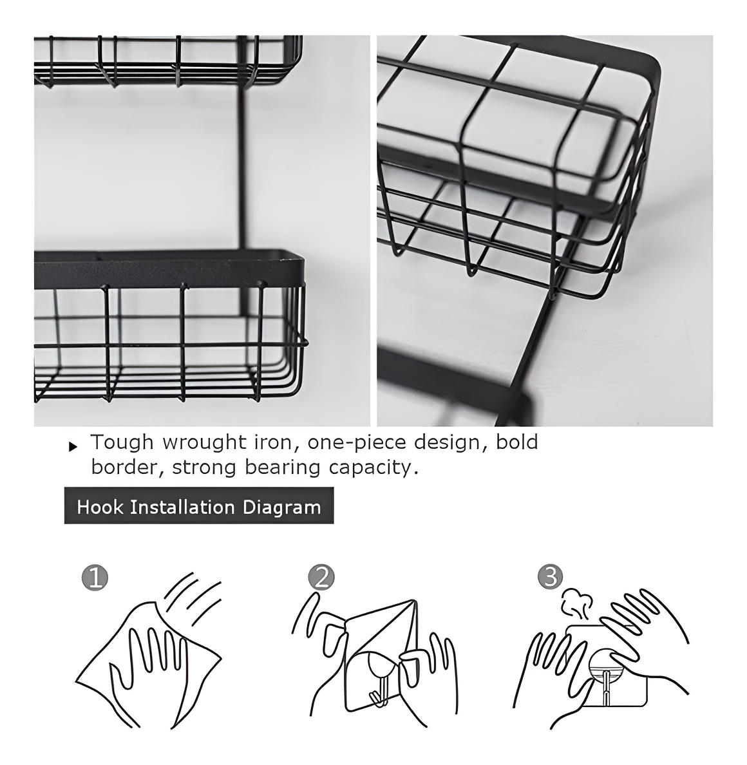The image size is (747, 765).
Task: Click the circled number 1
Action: [95, 578]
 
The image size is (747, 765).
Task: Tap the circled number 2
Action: [321, 578]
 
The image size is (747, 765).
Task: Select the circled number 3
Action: [551, 577]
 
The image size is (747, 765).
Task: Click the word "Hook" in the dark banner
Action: [100, 507]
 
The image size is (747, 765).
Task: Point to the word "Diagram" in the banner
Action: [282, 507]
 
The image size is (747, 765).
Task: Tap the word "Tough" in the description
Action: [122, 442]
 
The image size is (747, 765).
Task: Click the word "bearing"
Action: [282, 468]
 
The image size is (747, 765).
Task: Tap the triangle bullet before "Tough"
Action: [73, 446]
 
